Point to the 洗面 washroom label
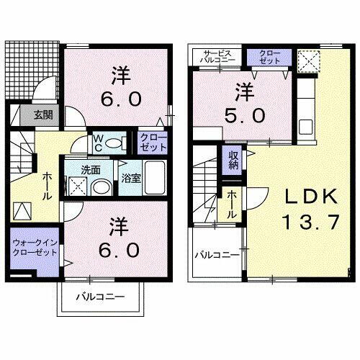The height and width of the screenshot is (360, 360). coord(90,171)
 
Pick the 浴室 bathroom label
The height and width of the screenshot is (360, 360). coord(130,176)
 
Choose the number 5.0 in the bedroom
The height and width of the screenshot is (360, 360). coord(243,115)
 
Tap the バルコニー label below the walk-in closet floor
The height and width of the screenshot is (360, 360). coord(102,297)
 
